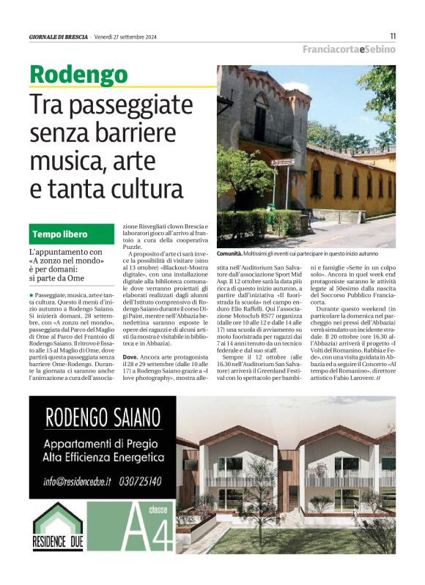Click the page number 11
click(393, 35)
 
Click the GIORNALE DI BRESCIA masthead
click(58, 37)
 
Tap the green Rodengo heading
click(78, 74)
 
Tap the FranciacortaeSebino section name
click(349, 49)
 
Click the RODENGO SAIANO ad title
click(104, 419)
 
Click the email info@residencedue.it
click(76, 481)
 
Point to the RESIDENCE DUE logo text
click(58, 545)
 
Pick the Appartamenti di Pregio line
click(104, 444)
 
